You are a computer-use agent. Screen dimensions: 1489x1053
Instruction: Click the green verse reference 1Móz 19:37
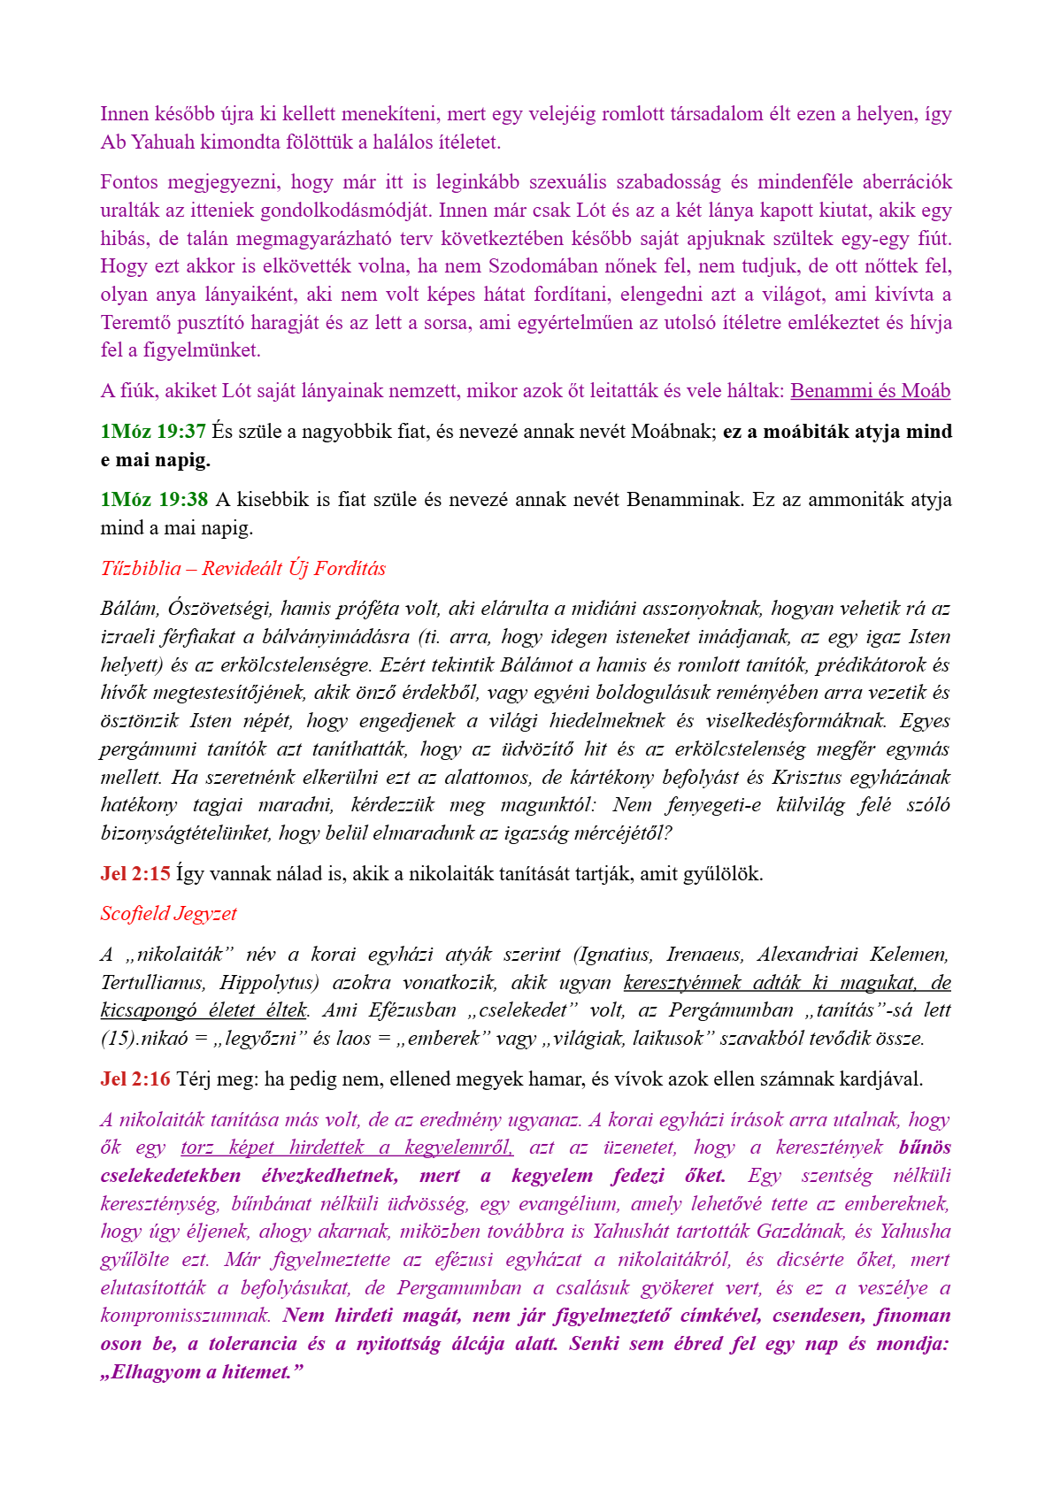pos(152,432)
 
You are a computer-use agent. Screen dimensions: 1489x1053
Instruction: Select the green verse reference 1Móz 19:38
pos(153,500)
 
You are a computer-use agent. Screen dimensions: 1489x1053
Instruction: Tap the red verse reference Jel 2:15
pos(135,874)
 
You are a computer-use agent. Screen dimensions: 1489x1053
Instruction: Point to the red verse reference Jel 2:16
pos(135,1079)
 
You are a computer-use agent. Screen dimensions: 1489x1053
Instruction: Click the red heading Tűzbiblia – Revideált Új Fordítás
pos(242,568)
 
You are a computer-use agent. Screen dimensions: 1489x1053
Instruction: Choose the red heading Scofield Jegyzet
pos(168,914)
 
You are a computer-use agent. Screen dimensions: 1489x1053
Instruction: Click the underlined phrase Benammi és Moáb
pos(870,391)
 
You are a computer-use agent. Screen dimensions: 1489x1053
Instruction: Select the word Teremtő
pos(133,323)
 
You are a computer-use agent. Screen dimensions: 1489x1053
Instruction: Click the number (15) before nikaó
pos(119,1039)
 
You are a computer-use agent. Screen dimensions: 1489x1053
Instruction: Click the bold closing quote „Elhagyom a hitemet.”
pos(202,1372)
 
